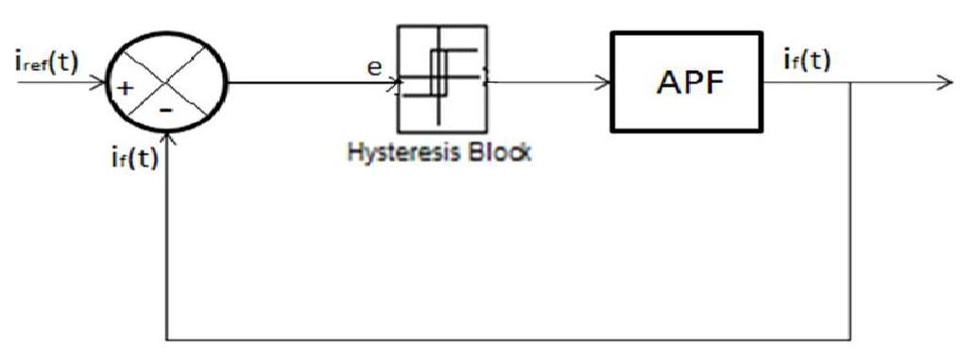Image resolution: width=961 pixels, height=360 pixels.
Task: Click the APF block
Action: (x=685, y=81)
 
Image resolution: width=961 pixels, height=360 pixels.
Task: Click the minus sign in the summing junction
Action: (x=166, y=109)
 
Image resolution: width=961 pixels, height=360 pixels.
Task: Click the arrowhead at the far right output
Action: (x=945, y=82)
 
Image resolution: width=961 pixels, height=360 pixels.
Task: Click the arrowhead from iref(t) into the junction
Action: (x=105, y=82)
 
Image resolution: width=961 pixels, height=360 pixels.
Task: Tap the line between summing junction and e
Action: (x=302, y=81)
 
